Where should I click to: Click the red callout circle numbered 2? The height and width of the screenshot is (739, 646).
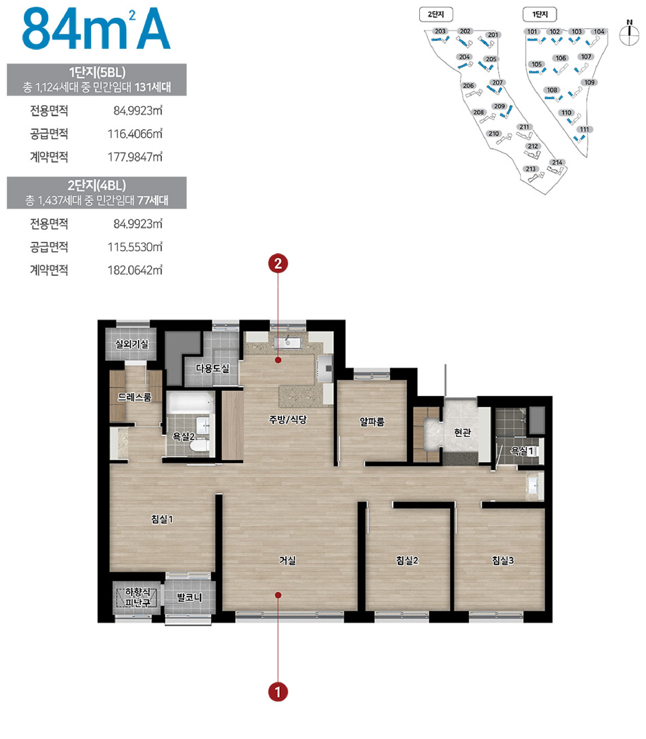click(278, 264)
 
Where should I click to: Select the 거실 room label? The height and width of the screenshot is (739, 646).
click(287, 561)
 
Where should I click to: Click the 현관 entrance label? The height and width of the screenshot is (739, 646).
click(463, 432)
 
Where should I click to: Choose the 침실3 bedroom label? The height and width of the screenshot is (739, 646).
click(503, 561)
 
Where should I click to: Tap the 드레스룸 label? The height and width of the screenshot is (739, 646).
click(134, 397)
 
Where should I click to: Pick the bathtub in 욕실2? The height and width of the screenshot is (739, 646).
click(191, 403)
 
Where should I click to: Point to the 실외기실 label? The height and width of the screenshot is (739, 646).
click(131, 344)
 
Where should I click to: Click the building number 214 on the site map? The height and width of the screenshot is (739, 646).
click(557, 162)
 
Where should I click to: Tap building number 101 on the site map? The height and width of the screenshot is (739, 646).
click(532, 32)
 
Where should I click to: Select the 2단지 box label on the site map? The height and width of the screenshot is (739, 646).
click(436, 15)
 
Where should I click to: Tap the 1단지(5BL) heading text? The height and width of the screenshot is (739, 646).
click(97, 72)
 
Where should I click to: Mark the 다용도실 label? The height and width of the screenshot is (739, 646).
click(212, 369)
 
